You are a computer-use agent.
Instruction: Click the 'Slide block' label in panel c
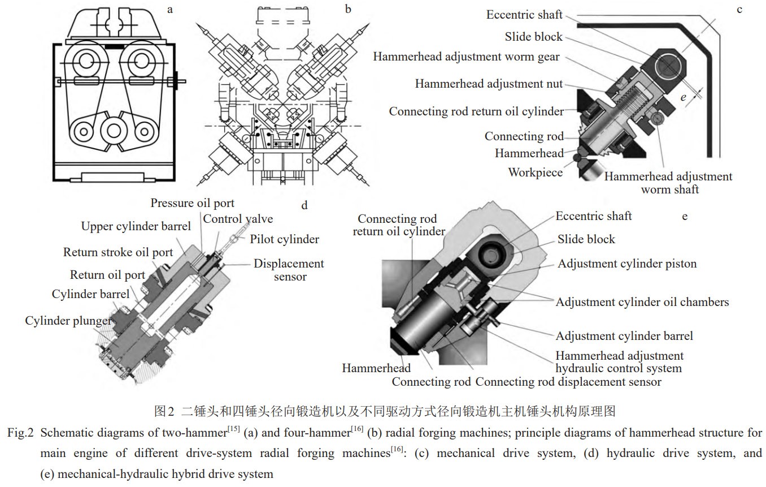[533, 37]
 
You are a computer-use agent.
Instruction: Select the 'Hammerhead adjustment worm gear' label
[466, 57]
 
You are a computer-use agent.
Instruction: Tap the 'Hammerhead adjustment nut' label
[489, 84]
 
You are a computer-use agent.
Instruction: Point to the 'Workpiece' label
[535, 172]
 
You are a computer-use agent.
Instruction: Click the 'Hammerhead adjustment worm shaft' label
[668, 183]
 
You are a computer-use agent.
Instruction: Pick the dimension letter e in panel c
[684, 97]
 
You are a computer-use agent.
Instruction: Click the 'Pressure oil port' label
[192, 203]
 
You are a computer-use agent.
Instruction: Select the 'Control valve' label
[238, 219]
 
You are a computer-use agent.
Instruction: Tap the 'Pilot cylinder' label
[284, 239]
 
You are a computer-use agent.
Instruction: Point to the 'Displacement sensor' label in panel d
[289, 270]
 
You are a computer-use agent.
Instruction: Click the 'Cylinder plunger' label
[68, 321]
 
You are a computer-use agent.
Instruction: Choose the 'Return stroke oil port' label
[117, 252]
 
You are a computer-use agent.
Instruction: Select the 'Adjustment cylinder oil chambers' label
[642, 302]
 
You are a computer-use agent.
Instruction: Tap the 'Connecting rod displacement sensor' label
[568, 382]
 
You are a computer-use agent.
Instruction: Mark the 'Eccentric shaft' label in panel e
[593, 216]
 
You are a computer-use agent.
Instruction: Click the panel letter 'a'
[169, 9]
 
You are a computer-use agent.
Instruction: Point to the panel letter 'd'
[304, 205]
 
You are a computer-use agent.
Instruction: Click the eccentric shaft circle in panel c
[669, 66]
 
